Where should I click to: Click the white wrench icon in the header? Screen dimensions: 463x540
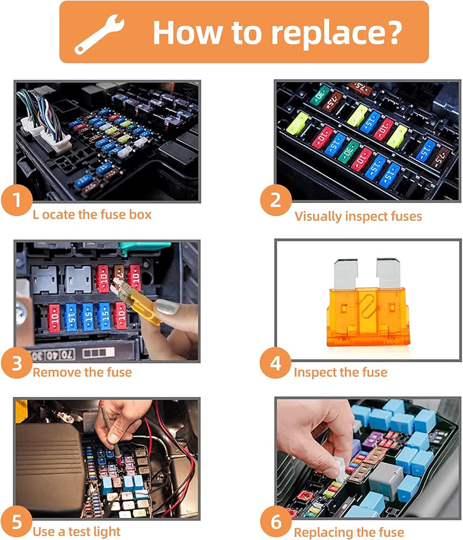click(99, 35)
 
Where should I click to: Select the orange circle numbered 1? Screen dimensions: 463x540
click(17, 200)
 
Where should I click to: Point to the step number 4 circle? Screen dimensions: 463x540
click(275, 363)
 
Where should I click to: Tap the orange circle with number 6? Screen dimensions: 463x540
click(276, 522)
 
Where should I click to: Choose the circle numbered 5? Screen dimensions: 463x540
click(17, 522)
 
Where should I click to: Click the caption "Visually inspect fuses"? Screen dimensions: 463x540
click(358, 217)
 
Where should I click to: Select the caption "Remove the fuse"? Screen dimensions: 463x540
click(82, 372)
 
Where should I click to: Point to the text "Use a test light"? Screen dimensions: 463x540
click(77, 531)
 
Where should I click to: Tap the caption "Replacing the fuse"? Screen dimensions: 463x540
click(349, 532)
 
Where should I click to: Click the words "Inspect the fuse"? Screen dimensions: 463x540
click(341, 372)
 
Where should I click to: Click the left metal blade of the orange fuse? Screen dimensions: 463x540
click(346, 274)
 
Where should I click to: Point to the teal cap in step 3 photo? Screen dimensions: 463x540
click(144, 248)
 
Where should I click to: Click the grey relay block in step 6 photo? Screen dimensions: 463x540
click(385, 478)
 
